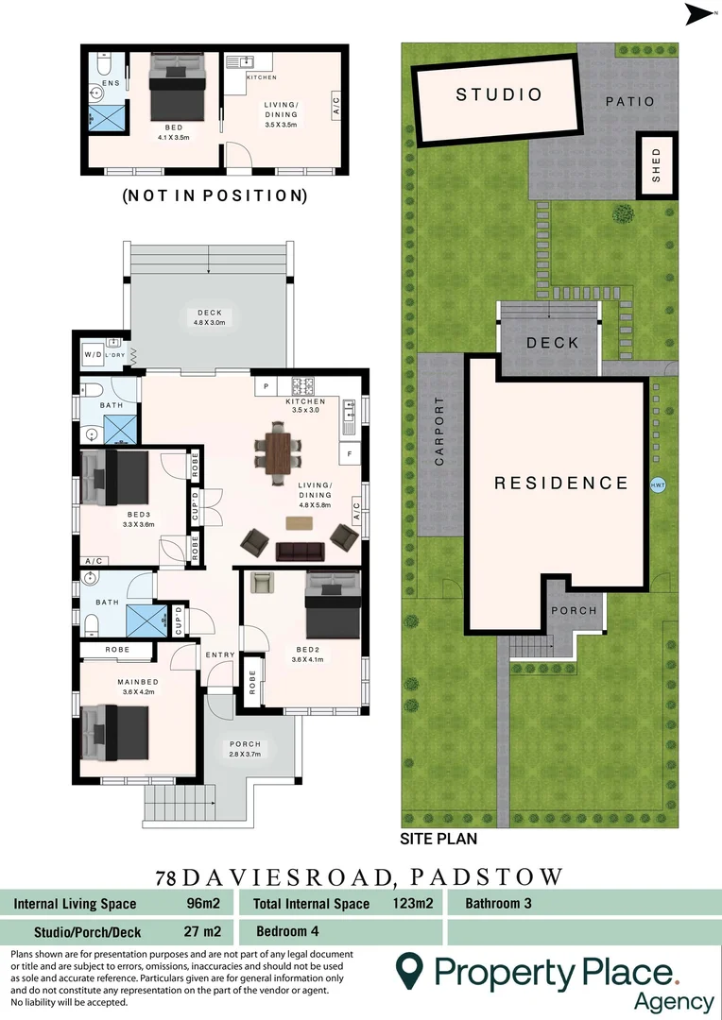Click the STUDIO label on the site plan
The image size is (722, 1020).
(499, 94)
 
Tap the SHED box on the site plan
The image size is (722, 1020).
(656, 166)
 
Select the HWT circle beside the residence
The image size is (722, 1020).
(658, 484)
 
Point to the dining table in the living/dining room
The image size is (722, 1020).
(281, 452)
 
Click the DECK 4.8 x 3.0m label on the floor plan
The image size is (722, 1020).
(209, 318)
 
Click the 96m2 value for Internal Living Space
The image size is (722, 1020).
(203, 904)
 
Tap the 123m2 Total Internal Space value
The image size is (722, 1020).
(412, 904)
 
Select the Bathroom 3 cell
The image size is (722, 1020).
(498, 904)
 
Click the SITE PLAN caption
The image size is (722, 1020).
(438, 838)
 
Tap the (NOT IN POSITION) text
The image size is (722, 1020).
(215, 196)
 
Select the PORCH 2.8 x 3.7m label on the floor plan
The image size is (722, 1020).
(245, 749)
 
